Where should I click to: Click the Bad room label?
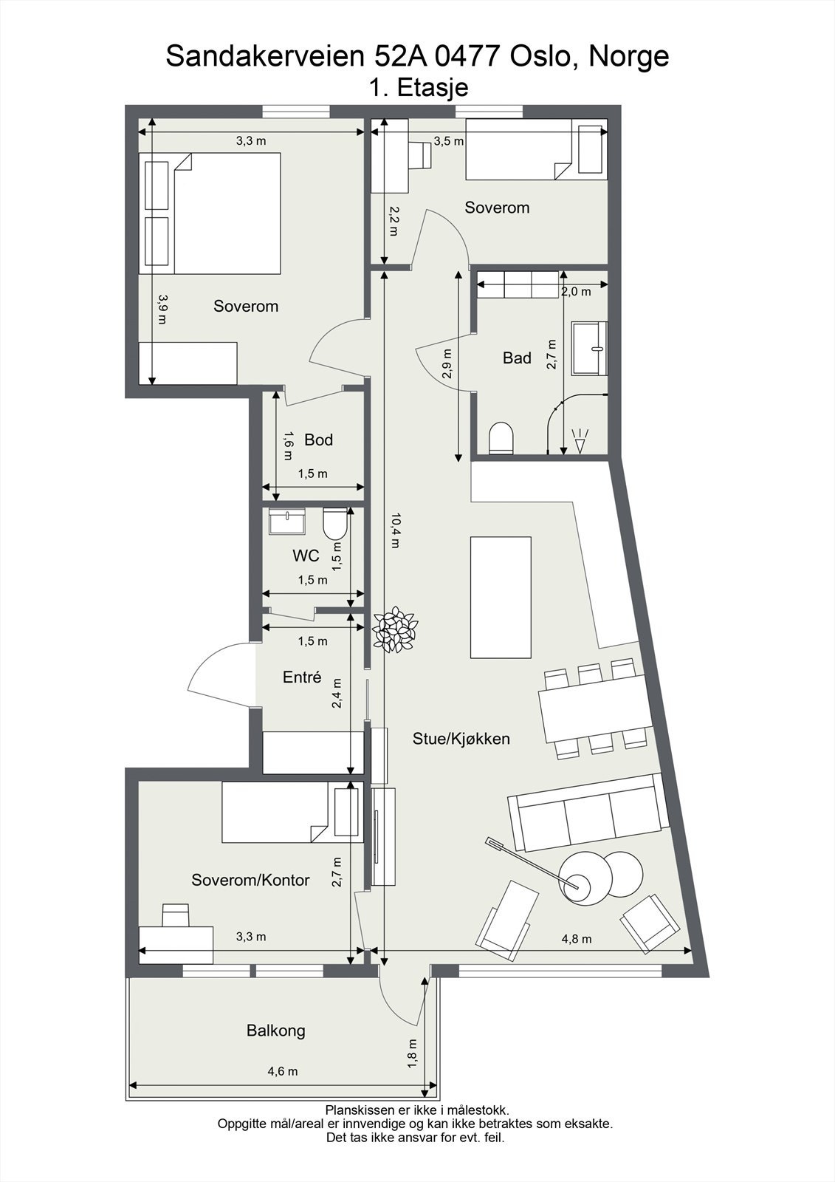517,358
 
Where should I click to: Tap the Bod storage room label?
318,440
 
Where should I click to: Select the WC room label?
306,555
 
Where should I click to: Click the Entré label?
302,677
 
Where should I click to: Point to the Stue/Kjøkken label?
461,739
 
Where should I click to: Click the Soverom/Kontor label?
250,880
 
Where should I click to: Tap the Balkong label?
275,1031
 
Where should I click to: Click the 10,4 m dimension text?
395,530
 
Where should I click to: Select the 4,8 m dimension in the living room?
576,939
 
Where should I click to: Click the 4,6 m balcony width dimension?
283,1071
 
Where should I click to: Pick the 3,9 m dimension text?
162,309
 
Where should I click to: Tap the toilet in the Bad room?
501,437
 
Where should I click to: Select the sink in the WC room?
288,522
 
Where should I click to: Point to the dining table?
593,709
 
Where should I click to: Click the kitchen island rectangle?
501,597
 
